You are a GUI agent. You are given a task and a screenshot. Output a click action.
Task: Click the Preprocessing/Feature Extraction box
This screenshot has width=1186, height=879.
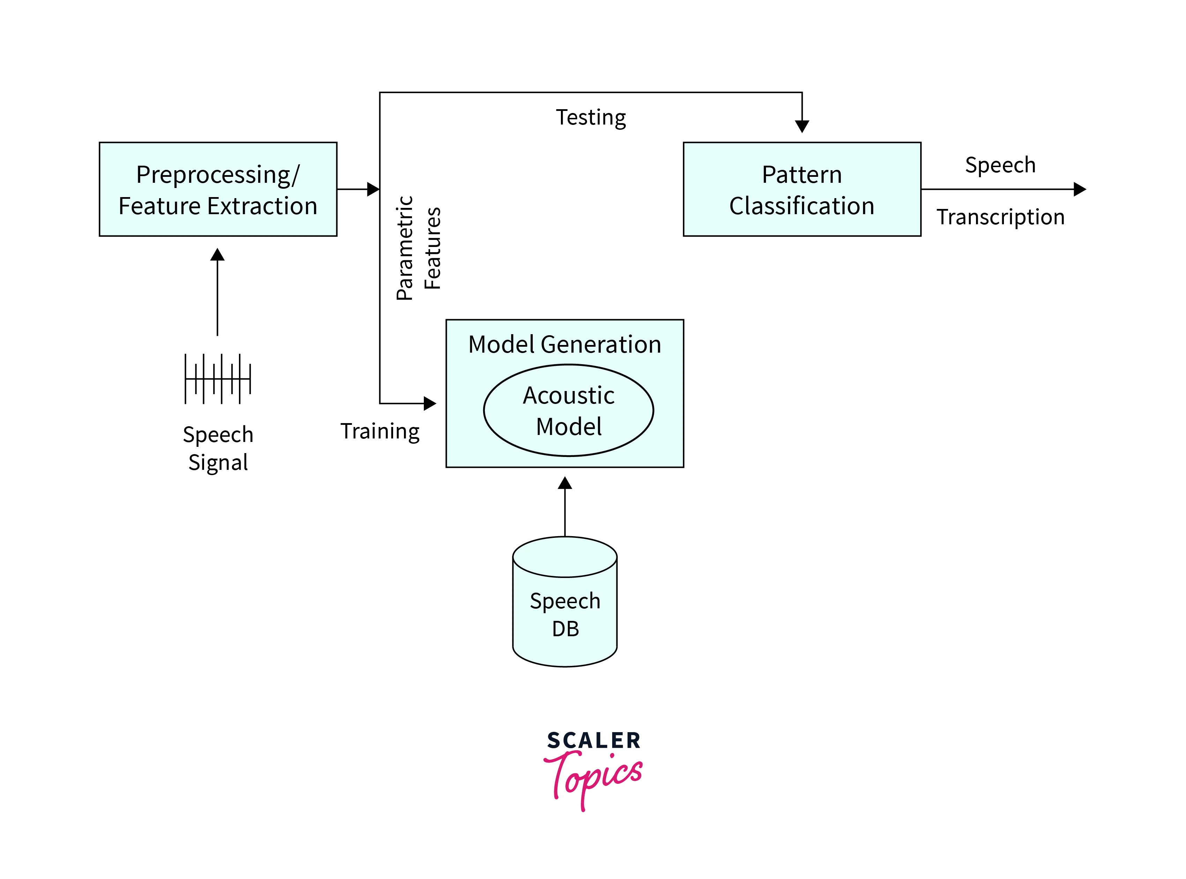[x=218, y=189]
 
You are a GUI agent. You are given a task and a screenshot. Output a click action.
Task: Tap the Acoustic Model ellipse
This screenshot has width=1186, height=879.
[x=568, y=410]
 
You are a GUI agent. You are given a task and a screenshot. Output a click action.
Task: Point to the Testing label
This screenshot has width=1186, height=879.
[x=591, y=118]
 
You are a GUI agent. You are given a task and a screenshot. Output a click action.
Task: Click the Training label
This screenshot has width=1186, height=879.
[x=380, y=431]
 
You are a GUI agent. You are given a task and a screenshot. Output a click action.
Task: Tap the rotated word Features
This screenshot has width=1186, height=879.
[x=433, y=248]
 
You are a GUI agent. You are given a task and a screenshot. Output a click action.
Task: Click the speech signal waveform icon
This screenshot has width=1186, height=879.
[x=218, y=378]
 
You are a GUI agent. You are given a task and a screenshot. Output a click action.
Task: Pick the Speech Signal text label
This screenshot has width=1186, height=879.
[x=218, y=448]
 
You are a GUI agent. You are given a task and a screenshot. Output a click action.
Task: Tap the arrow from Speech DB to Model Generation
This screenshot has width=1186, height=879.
[x=564, y=508]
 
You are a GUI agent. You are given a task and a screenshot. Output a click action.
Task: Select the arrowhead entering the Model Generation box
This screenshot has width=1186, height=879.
[x=429, y=403]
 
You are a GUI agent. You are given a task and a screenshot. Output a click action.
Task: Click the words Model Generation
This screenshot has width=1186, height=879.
[x=564, y=344]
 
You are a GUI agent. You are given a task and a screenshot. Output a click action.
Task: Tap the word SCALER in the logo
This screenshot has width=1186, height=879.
[x=593, y=740]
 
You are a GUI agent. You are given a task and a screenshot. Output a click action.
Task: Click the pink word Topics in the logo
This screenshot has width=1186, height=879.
[x=593, y=777]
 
